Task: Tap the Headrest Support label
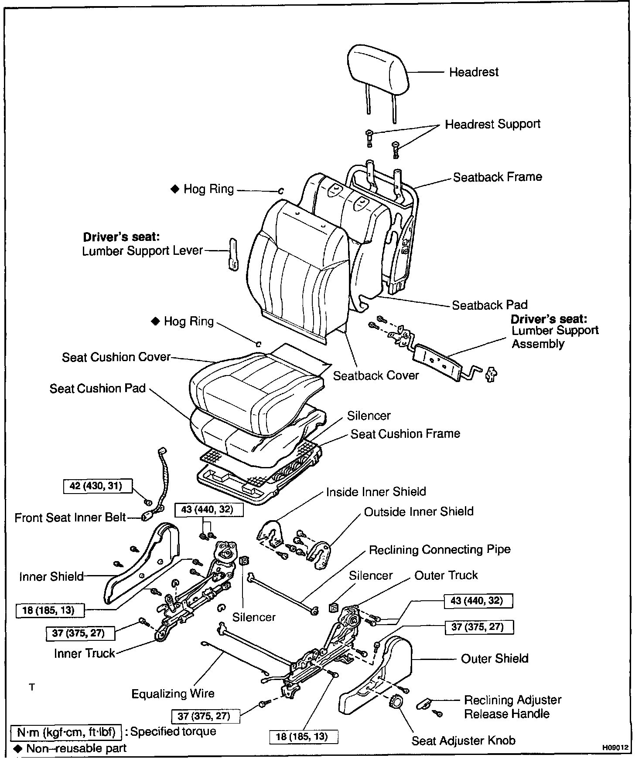[492, 124]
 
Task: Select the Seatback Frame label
[497, 177]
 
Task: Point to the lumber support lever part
[233, 254]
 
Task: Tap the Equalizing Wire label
[173, 694]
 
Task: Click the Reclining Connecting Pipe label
[440, 549]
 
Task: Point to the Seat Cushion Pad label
[97, 388]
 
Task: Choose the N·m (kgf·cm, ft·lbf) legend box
[65, 732]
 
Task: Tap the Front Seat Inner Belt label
[70, 518]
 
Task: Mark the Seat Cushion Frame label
[405, 434]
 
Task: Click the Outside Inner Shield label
[419, 511]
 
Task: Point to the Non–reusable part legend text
[76, 748]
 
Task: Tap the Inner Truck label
[85, 653]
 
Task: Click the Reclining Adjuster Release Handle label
[512, 707]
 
